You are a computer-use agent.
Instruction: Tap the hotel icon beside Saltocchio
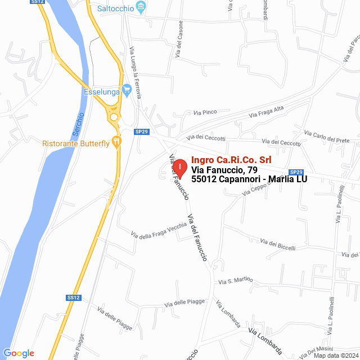pos(142,8)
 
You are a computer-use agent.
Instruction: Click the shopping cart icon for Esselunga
pos(127,88)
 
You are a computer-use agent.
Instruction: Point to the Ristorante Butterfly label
pos(76,143)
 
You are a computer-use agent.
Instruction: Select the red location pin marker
pos(179,168)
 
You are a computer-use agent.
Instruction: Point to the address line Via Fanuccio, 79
pos(224,170)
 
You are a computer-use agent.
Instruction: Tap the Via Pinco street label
pos(205,112)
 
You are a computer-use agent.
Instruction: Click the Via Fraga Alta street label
pos(266,112)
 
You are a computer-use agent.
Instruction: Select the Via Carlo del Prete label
pos(327,136)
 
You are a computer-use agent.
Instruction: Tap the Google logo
pos(19,353)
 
